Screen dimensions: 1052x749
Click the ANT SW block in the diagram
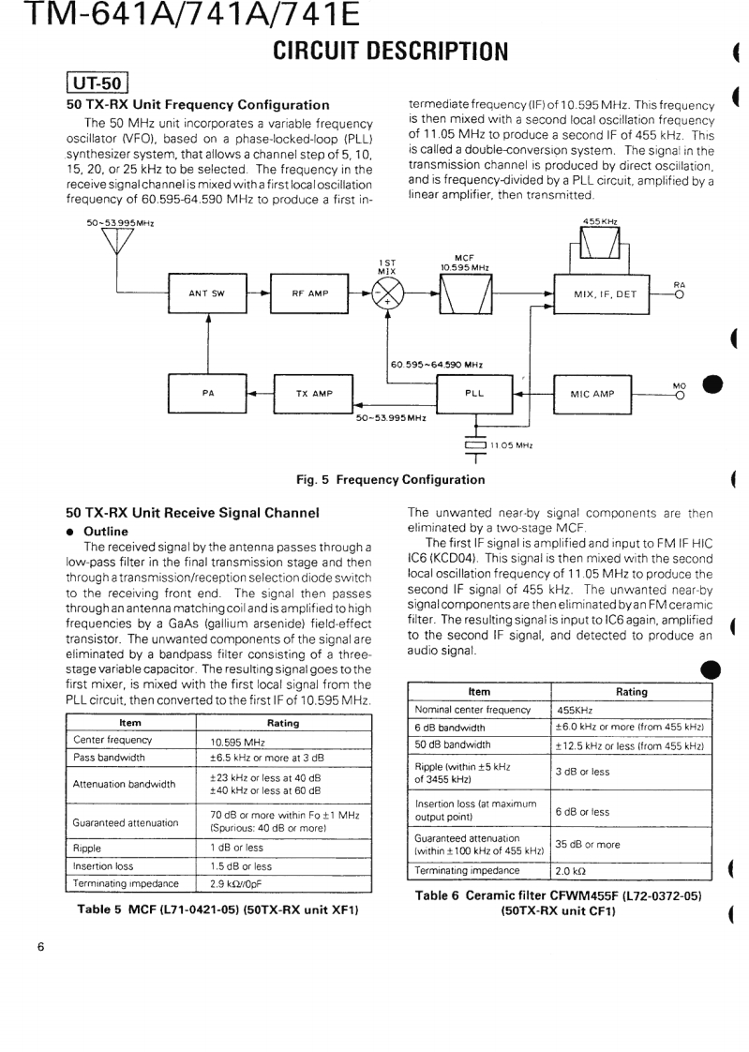[206, 293]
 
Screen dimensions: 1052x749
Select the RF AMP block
[309, 293]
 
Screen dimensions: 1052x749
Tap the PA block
[206, 393]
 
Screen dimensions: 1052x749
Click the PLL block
[475, 393]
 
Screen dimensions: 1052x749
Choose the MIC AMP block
[592, 393]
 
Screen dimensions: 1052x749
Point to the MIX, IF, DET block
[605, 293]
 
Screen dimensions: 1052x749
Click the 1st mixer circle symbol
[388, 293]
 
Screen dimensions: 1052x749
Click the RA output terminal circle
[679, 293]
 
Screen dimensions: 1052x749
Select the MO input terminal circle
[679, 393]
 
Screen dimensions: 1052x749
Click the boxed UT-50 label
[97, 83]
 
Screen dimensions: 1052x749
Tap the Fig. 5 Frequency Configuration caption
[391, 480]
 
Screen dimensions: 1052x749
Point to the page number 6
[40, 947]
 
